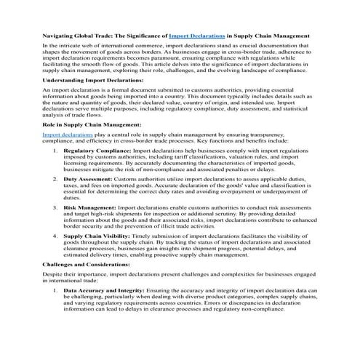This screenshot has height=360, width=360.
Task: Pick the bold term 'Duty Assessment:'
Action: (89, 178)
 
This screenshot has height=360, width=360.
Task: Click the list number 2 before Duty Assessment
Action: (57, 178)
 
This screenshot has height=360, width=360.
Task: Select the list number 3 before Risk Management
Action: (57, 207)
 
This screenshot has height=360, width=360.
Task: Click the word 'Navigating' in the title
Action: (61, 35)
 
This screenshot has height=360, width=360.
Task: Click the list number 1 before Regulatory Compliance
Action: (57, 150)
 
